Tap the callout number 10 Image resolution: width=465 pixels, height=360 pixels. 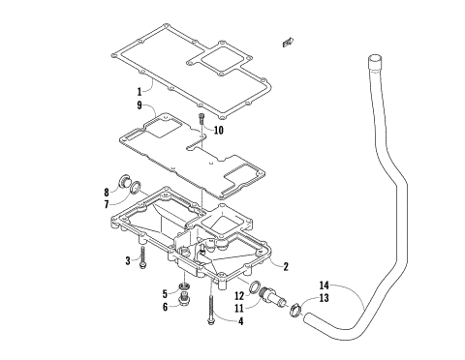219,130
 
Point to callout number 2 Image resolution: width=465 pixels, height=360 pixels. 287,264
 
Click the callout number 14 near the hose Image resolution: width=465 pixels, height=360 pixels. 325,286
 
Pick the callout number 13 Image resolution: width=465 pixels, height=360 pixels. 325,298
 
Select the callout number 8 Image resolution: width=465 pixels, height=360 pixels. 134,192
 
